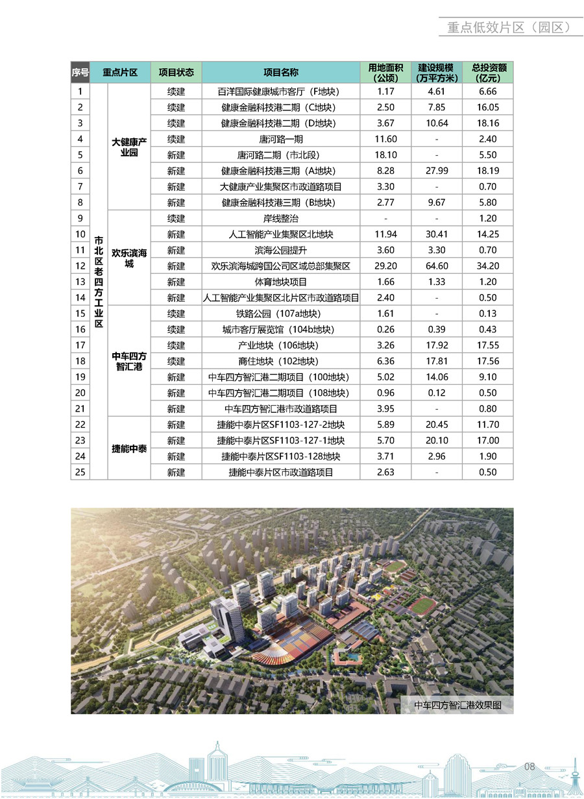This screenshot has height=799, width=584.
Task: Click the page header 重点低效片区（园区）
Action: [508, 27]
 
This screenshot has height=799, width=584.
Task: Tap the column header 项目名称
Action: [280, 72]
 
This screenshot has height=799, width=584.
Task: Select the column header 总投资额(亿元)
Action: [489, 72]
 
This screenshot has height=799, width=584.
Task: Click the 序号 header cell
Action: [80, 72]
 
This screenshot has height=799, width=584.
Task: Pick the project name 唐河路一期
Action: [280, 139]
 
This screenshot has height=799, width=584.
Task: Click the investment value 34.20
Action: [489, 266]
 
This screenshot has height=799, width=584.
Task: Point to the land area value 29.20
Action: [386, 266]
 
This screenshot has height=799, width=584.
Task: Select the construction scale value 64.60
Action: [437, 266]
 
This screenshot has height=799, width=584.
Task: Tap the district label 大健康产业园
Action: [129, 147]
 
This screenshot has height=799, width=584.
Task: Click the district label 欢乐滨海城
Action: [129, 258]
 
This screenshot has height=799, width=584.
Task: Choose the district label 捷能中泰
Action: [129, 449]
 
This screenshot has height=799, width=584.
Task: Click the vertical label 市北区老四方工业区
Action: [99, 282]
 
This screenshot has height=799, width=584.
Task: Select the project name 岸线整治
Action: [280, 219]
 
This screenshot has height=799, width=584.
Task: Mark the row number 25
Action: [80, 472]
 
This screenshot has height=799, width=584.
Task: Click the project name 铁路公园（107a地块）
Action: [280, 313]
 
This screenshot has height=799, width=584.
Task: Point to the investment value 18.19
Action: [489, 171]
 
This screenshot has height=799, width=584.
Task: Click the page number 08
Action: [529, 767]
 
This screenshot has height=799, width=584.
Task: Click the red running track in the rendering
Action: [425, 606]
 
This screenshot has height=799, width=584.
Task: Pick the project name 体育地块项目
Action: [280, 282]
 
